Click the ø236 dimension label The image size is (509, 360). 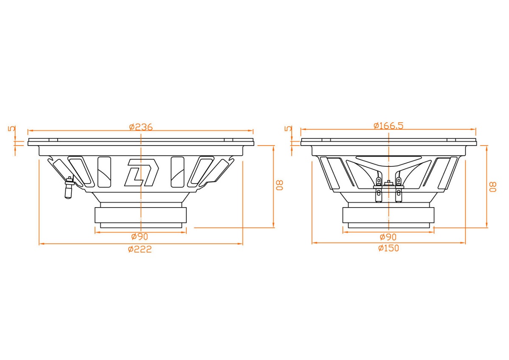141,127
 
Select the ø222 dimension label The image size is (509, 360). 140,249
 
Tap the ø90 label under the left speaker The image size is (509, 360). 140,237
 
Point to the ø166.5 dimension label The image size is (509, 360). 389,126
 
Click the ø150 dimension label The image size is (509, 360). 389,248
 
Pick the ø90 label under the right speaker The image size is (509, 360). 388,237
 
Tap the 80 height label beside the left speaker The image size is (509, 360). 280,185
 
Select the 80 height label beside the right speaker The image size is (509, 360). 493,187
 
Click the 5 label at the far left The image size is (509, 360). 12,129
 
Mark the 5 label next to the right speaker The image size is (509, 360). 288,129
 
